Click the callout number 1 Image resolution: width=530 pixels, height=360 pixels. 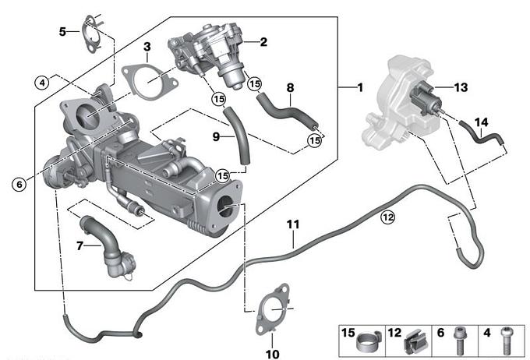pos(359,87)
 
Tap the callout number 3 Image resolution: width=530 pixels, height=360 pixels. pos(147,48)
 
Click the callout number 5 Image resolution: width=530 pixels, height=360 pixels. pos(63,31)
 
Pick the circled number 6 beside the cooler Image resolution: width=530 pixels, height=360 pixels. pos(18,184)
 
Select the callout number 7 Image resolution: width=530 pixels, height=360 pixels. pos(79,246)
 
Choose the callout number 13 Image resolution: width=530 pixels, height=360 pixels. pos(461,87)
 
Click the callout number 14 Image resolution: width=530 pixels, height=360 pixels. pos(482,122)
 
